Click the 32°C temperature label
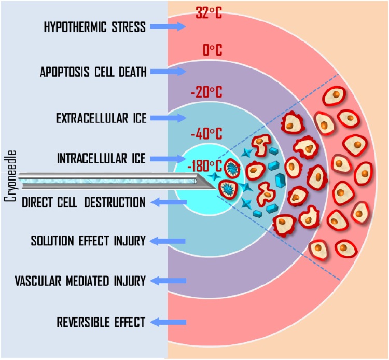pyautogui.click(x=209, y=13)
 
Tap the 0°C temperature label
pyautogui.click(x=212, y=50)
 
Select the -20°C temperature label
pyautogui.click(x=206, y=92)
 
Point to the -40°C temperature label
pyautogui.click(x=206, y=134)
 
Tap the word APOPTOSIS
pyautogui.click(x=64, y=72)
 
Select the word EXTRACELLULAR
pyautogui.click(x=92, y=118)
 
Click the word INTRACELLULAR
pyautogui.click(x=92, y=158)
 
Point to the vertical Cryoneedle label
pyautogui.click(x=10, y=176)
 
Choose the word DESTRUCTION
pyautogui.click(x=115, y=202)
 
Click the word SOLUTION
pyautogui.click(x=52, y=241)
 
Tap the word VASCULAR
pyautogui.click(x=38, y=281)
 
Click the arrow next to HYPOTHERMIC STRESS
pyautogui.click(x=168, y=26)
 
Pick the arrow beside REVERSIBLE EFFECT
pyautogui.click(x=169, y=322)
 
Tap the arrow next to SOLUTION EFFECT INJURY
pyautogui.click(x=168, y=241)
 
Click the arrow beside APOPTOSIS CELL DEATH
pyautogui.click(x=168, y=72)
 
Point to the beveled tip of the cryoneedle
pyautogui.click(x=217, y=189)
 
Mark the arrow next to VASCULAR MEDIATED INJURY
pyautogui.click(x=169, y=281)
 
